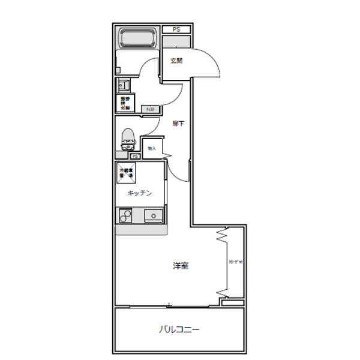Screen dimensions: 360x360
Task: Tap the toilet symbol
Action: (x=127, y=139)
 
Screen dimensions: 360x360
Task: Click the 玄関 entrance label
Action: (x=176, y=61)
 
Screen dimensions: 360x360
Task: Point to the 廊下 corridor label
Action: (x=178, y=124)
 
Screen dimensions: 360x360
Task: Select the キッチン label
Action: (x=139, y=193)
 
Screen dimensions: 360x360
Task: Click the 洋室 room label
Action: (x=181, y=265)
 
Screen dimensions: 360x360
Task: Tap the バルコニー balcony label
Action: (x=179, y=329)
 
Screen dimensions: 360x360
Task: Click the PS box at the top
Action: (x=176, y=29)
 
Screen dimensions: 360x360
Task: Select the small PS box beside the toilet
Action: (x=136, y=156)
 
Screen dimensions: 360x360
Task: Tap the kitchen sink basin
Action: (x=153, y=215)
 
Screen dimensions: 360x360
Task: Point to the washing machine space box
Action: (x=125, y=103)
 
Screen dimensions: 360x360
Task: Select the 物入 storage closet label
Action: (x=152, y=148)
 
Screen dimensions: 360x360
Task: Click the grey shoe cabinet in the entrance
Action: (x=176, y=41)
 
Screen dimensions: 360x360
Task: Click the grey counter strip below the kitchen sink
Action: (x=142, y=229)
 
